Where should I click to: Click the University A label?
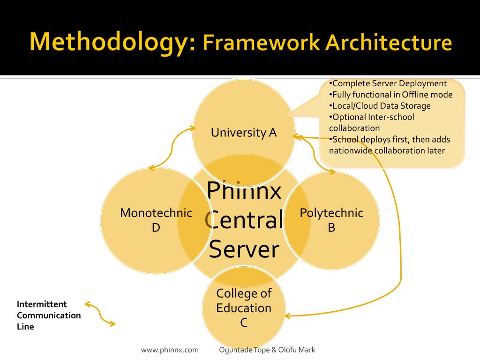(x=244, y=133)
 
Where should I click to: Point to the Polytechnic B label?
(x=331, y=220)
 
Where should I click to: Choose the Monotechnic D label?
(x=156, y=220)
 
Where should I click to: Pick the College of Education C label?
(x=244, y=308)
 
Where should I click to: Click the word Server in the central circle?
(x=244, y=249)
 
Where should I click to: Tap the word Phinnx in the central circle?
(x=244, y=190)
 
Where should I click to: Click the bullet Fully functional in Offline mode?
(x=391, y=95)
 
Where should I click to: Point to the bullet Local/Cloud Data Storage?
(x=380, y=106)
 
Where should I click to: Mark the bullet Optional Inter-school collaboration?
(x=372, y=122)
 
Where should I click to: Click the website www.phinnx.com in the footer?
(x=170, y=350)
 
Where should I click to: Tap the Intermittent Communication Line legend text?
(x=49, y=315)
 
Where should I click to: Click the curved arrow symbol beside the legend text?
(x=100, y=315)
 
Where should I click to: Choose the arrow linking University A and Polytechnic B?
(x=315, y=155)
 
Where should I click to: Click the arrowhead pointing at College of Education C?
(x=288, y=315)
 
